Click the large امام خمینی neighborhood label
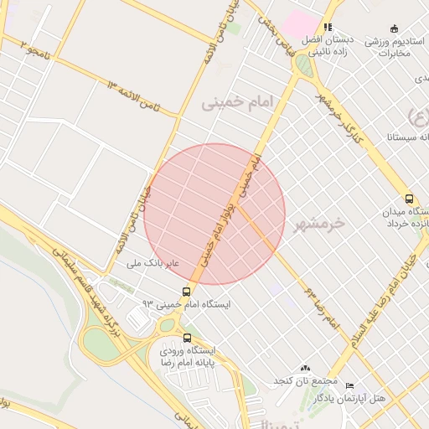click(238, 102)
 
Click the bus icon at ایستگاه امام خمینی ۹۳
click(186, 292)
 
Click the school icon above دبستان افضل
click(328, 27)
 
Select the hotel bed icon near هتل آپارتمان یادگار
click(349, 386)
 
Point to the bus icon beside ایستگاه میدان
click(409, 199)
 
